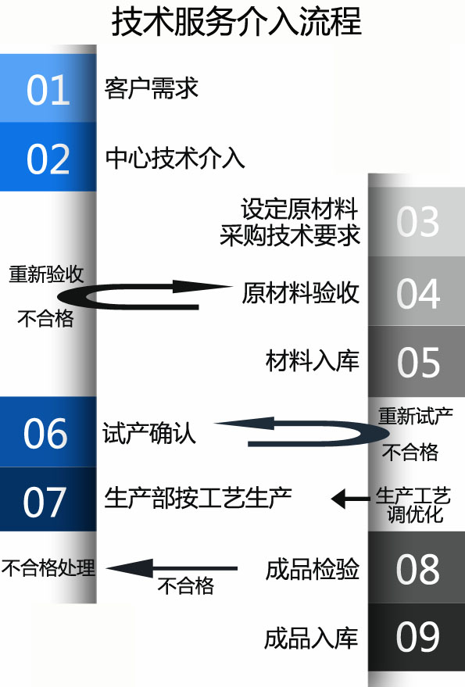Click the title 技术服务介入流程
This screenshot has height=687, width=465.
237,21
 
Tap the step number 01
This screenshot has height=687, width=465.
48,90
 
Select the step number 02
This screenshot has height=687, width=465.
48,159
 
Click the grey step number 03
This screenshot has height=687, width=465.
417,222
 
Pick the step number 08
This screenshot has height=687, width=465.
417,569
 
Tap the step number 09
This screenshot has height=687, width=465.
417,637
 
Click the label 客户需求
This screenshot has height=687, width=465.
152,88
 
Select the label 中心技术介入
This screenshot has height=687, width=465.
175,158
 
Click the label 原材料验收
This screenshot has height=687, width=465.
301,292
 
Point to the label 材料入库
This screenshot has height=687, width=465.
313,360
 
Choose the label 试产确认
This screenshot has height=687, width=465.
149,433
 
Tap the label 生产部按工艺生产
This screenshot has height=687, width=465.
198,498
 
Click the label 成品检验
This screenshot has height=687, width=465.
313,569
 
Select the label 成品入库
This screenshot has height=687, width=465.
311,638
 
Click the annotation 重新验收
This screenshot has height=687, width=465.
46,274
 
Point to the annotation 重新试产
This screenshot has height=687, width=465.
416,416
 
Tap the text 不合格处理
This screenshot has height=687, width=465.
48,567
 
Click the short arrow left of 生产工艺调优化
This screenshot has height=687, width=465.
350,499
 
